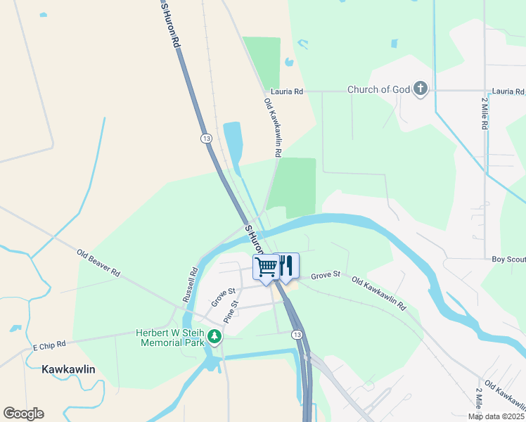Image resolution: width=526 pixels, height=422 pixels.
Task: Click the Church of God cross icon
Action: [421, 89]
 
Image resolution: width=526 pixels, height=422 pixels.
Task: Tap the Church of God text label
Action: [378, 90]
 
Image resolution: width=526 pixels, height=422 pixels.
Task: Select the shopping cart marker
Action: [266, 268]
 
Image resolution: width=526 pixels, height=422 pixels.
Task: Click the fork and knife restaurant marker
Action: [286, 266]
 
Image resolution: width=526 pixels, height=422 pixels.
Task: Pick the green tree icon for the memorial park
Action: [214, 338]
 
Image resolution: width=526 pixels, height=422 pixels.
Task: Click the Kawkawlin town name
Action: [68, 369]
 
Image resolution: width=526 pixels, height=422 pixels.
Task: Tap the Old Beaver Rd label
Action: [98, 262]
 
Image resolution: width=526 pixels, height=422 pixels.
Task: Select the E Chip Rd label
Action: [49, 345]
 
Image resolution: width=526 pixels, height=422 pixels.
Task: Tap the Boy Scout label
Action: [508, 260]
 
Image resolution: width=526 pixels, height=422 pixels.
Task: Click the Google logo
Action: [23, 414]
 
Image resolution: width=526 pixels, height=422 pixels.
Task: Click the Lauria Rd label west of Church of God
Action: [287, 92]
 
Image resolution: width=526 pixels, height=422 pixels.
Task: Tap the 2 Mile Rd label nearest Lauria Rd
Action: [485, 113]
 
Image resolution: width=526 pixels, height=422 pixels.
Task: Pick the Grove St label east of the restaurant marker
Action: [326, 274]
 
